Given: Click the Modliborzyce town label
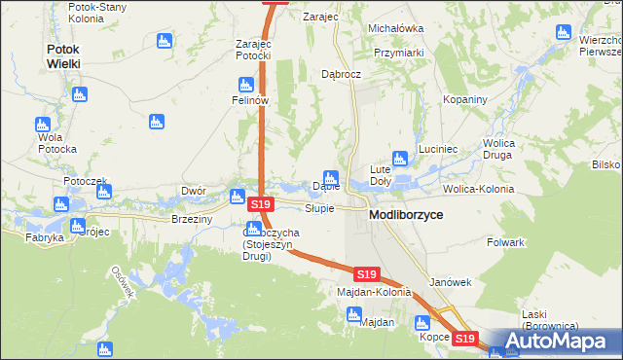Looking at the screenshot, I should coord(406,213).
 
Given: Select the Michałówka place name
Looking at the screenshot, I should coord(395,29).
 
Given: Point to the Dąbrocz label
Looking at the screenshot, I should coord(341,74).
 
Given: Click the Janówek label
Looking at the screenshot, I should coord(450,282).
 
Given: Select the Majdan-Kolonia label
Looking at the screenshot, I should coord(374,292).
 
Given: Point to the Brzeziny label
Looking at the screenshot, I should coord(192,220).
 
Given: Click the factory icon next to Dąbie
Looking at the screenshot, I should coord(331,178).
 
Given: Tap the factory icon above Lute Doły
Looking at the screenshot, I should coord(399,159).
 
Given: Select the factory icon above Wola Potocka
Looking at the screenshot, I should coord(42,125).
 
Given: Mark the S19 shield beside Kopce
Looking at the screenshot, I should coord(466,339).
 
